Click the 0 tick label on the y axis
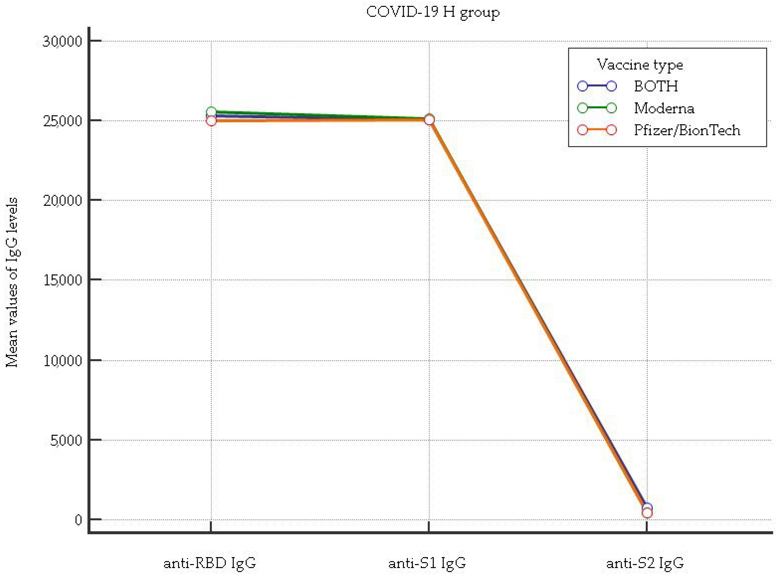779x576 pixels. (x=78, y=520)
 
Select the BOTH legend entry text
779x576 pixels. (x=656, y=86)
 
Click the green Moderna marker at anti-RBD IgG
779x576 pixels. (x=211, y=112)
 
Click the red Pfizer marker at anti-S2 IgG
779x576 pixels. (x=647, y=513)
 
